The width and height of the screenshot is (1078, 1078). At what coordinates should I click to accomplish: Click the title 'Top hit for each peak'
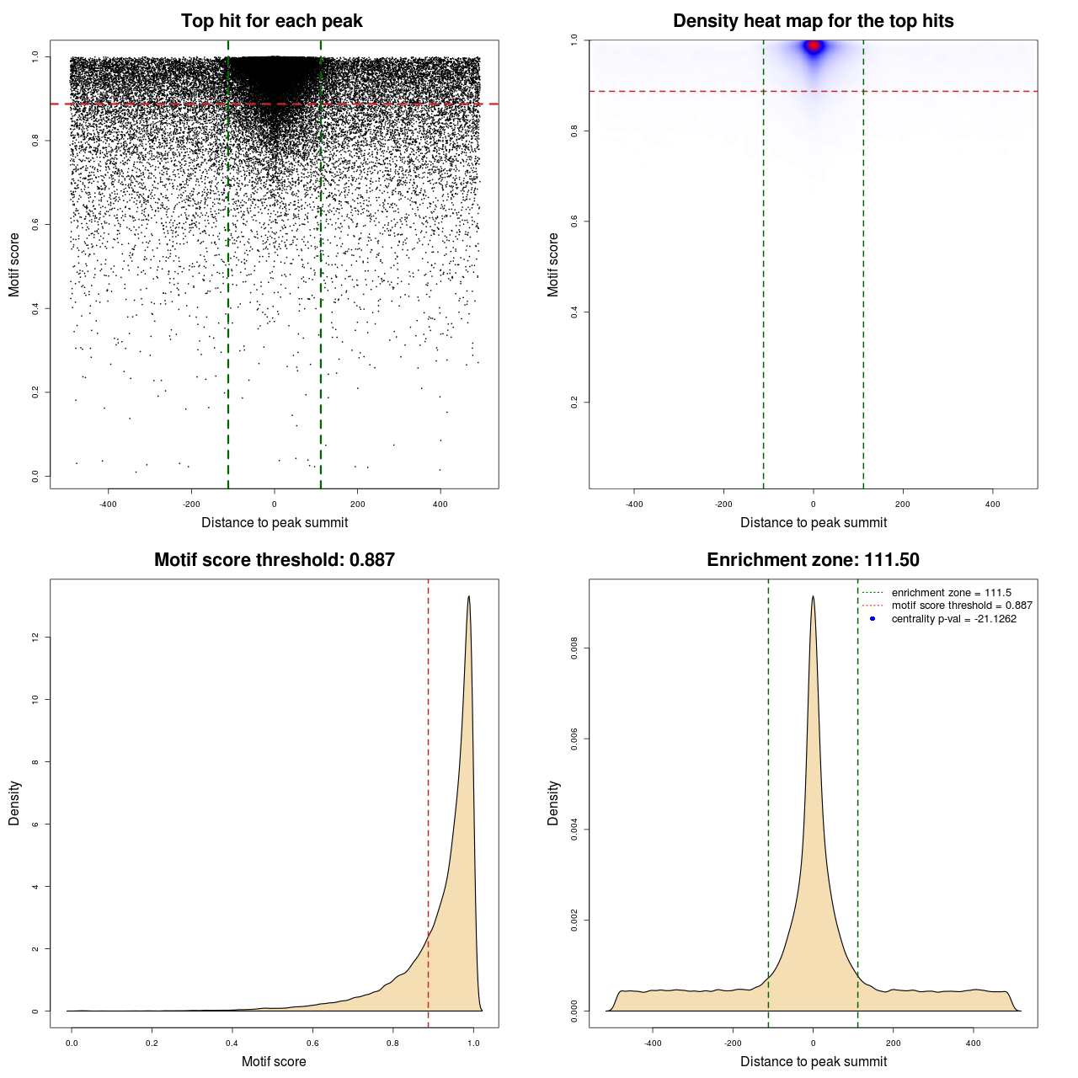(x=271, y=21)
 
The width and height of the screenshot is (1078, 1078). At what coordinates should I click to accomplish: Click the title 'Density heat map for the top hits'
(x=813, y=21)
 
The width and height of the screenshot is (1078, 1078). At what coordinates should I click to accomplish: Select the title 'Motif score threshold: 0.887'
(x=274, y=560)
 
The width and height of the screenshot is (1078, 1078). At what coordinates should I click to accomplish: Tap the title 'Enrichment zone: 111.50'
(x=813, y=560)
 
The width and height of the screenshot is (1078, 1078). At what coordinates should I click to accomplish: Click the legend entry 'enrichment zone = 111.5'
(x=951, y=593)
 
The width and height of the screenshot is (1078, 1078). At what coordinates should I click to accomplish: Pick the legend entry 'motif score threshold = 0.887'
(x=961, y=606)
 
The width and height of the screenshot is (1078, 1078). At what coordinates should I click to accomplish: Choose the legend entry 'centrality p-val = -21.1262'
(x=953, y=619)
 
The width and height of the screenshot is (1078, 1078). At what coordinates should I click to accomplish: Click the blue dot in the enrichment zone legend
(x=873, y=619)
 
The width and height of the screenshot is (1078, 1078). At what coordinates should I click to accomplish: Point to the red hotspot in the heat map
(x=814, y=46)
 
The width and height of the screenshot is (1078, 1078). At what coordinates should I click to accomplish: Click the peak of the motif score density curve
(x=468, y=597)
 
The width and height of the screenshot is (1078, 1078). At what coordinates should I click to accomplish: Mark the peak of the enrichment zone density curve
(x=813, y=597)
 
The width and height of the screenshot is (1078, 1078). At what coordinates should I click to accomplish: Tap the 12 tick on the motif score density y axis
(x=35, y=638)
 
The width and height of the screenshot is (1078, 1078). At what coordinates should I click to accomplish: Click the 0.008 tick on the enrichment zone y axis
(x=574, y=648)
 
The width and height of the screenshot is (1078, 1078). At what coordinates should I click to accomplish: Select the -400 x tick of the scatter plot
(x=108, y=504)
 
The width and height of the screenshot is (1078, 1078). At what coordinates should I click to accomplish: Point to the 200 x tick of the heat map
(x=903, y=504)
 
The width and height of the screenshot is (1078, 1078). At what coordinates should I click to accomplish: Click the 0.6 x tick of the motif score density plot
(x=313, y=1043)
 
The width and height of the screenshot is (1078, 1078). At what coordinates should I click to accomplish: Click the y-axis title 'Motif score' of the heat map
(x=552, y=264)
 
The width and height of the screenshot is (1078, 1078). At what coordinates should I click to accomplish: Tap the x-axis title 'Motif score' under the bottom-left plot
(x=274, y=1061)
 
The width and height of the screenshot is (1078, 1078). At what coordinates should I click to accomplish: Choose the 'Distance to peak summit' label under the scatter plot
(x=275, y=522)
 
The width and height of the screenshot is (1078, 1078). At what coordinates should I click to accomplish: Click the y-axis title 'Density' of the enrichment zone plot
(x=552, y=803)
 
